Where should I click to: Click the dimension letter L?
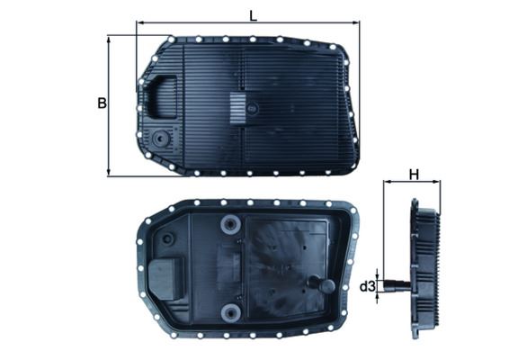[x=253, y=14]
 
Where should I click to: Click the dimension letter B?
[x=102, y=103]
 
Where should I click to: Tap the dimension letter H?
[x=414, y=174]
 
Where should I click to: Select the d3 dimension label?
[x=367, y=287]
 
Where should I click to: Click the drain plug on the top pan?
[x=160, y=139]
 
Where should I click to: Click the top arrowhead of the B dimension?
[x=110, y=39]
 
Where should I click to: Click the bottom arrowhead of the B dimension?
[x=110, y=174]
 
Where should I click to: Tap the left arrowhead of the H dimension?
[x=387, y=183]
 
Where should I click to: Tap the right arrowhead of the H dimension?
[x=440, y=183]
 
